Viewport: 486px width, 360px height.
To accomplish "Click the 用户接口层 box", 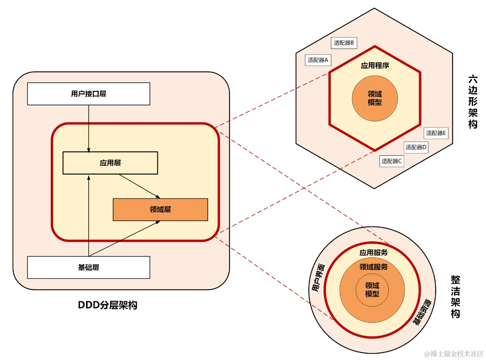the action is tap(89, 94).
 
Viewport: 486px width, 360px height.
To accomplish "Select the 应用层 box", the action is tap(110, 163).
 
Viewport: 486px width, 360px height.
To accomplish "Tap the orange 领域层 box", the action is tap(160, 209).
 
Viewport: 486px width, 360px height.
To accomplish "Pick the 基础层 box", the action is tap(89, 267).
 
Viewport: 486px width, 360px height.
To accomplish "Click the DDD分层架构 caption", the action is tap(108, 305).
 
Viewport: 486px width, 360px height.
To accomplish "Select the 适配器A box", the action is tap(318, 60).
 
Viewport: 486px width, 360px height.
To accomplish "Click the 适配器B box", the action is tap(344, 43).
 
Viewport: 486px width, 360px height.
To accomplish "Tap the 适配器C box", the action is tap(391, 161).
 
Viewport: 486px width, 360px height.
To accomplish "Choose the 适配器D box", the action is tap(416, 147).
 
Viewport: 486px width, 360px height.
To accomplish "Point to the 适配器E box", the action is tap(436, 133).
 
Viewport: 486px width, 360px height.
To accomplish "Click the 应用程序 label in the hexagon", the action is tap(375, 66).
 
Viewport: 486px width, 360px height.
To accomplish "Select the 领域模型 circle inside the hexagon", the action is tap(375, 98).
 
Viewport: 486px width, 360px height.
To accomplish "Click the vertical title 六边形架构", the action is tap(473, 102).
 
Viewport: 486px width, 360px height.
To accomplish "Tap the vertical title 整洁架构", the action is tap(455, 297).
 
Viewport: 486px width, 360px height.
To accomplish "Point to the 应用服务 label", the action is tap(373, 252).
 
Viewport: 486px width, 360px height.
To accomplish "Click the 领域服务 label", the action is tap(373, 267).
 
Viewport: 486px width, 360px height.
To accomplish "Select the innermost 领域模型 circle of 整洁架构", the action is tap(372, 290).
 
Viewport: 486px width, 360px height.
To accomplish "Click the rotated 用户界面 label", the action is tap(318, 277).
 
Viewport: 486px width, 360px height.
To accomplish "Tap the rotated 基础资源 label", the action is tap(422, 312).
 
